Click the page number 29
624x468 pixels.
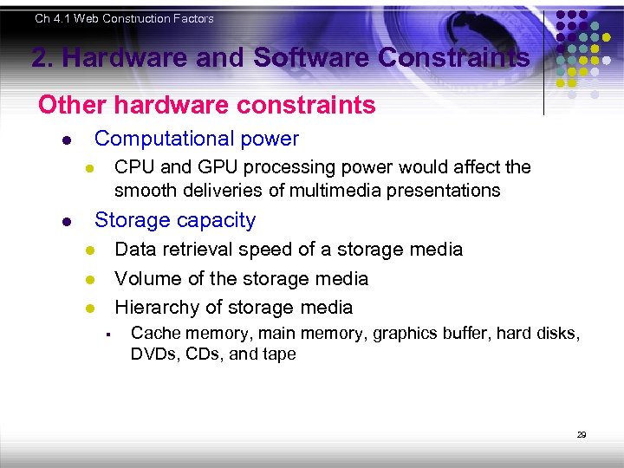pos(582,434)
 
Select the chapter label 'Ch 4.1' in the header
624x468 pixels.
pos(53,18)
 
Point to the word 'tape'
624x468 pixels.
pos(276,354)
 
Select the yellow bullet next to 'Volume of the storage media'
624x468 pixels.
pos(88,280)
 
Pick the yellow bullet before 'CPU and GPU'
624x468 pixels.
pos(88,168)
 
